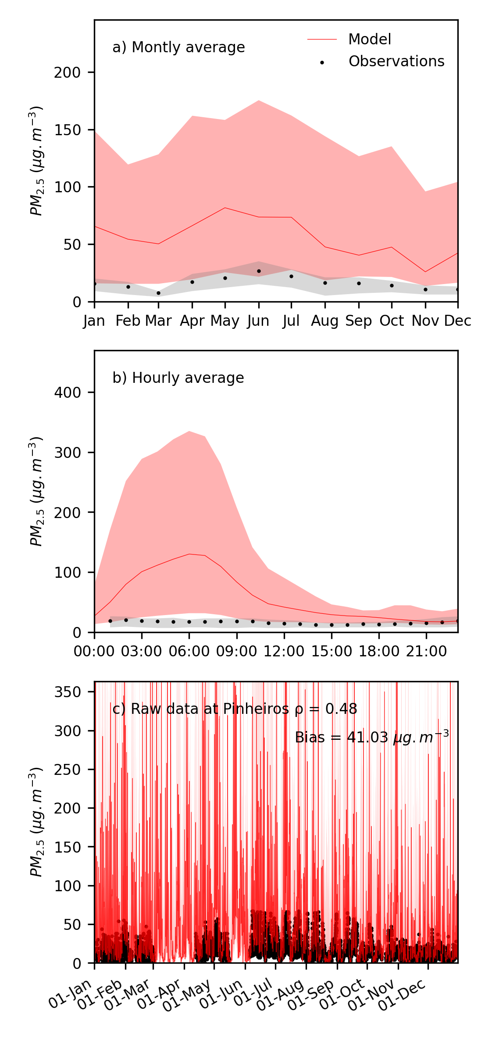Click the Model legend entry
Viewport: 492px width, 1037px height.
[x=369, y=40]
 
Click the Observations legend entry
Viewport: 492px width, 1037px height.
[x=396, y=61]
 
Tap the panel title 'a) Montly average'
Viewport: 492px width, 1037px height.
[x=178, y=47]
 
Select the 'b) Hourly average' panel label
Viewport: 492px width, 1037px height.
[x=178, y=378]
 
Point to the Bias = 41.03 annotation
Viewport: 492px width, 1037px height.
[x=371, y=737]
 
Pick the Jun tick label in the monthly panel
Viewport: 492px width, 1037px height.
[x=258, y=321]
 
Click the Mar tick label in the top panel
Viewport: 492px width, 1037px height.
[x=158, y=321]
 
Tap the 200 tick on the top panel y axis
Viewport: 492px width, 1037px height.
[x=68, y=72]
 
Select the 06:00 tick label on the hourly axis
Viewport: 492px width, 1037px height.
[x=189, y=652]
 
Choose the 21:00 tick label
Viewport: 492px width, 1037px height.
[x=426, y=652]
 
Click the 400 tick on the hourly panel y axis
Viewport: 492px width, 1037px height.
[x=68, y=392]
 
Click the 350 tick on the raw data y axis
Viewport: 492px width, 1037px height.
[x=68, y=692]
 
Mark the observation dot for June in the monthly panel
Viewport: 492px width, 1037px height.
[x=259, y=271]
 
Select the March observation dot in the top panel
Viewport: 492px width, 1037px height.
[x=158, y=293]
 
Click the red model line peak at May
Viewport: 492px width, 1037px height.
[x=225, y=208]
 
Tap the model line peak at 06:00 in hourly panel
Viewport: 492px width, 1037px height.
[x=189, y=554]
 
